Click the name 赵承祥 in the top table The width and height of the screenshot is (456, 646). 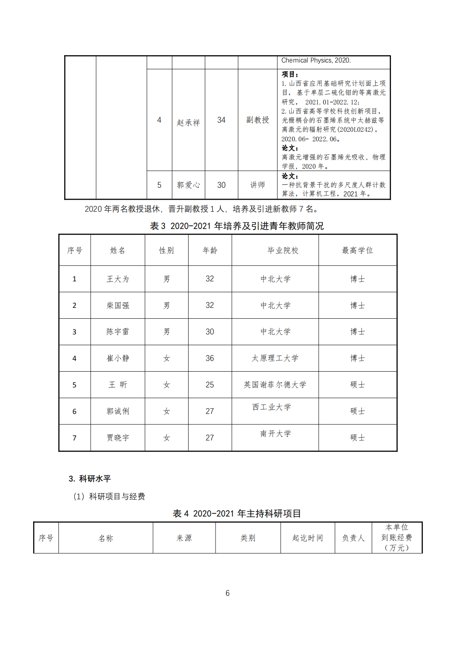click(188, 123)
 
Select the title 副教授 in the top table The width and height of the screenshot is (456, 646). click(257, 120)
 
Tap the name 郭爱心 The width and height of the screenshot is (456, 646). click(188, 185)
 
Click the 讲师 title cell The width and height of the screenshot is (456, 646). click(257, 185)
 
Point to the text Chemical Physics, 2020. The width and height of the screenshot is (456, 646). click(316, 60)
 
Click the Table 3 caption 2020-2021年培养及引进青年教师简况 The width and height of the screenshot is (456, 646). click(237, 226)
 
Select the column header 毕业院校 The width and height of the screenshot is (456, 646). click(283, 250)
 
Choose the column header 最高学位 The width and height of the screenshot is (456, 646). click(358, 250)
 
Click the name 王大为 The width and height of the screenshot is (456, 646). click(118, 279)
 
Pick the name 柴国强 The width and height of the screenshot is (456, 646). click(118, 306)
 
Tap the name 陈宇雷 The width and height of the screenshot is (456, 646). click(118, 332)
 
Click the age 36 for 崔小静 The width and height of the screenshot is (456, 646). click(210, 358)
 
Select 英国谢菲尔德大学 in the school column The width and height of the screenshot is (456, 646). click(275, 385)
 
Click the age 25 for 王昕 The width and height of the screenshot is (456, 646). click(210, 385)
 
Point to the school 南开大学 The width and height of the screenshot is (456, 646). click(276, 434)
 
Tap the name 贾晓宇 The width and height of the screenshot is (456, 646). click(118, 438)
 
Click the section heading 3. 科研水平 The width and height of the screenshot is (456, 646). click(90, 479)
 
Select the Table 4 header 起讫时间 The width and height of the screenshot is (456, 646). click(307, 538)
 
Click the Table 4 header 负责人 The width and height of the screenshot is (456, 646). click(353, 538)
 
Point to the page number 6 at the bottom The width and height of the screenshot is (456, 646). click(228, 593)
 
